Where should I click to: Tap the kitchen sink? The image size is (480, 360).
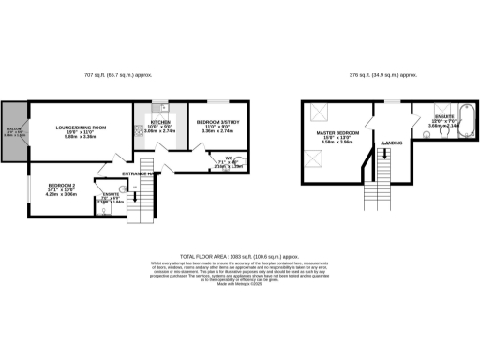(x=162, y=105)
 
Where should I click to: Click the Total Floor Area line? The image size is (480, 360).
(x=240, y=255)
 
